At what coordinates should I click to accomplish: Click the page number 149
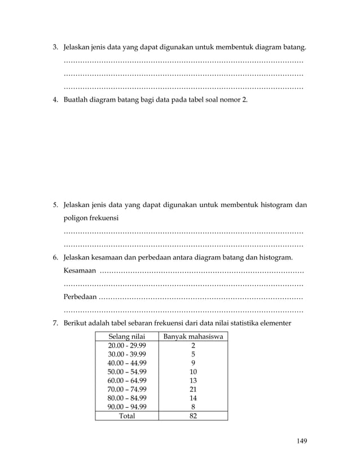(x=302, y=441)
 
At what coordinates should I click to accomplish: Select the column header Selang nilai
(x=126, y=337)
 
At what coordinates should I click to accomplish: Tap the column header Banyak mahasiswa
(x=193, y=337)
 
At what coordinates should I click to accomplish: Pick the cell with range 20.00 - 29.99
(x=126, y=346)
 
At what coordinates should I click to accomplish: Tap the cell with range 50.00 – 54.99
(x=126, y=372)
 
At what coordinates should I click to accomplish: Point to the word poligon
(x=77, y=217)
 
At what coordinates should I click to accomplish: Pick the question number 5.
(x=55, y=205)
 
